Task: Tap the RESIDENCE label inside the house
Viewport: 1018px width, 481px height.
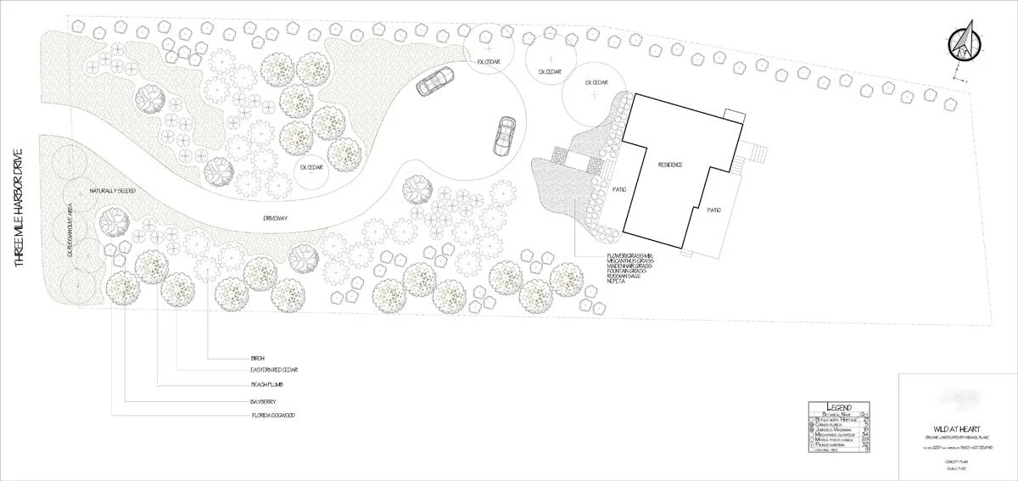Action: click(669, 164)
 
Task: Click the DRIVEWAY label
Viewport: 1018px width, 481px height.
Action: click(276, 219)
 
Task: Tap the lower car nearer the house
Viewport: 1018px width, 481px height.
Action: click(504, 135)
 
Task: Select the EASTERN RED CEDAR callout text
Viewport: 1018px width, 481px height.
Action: click(274, 371)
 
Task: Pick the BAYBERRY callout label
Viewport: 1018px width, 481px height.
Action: click(257, 400)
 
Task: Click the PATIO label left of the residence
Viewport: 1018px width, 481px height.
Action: click(618, 188)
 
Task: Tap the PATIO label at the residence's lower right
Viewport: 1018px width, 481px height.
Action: click(714, 210)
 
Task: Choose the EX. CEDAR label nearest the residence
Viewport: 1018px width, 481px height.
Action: click(597, 82)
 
